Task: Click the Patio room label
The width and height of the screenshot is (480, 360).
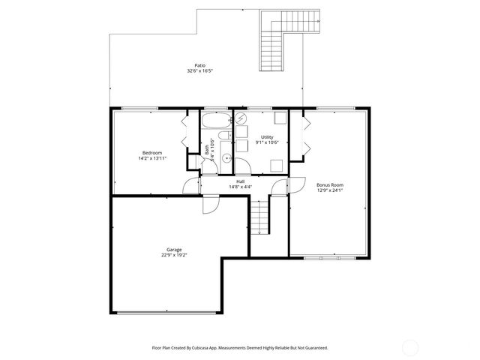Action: tap(200, 65)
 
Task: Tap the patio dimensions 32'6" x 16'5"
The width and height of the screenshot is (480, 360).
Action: tap(200, 71)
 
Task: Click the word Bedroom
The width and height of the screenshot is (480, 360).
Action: tap(152, 152)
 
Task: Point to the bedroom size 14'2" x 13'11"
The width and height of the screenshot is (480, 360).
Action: tap(152, 158)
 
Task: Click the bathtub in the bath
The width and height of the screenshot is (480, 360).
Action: tap(215, 121)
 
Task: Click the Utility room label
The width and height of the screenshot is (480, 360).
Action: tap(266, 136)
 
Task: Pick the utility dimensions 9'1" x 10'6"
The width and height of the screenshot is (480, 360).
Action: tap(266, 142)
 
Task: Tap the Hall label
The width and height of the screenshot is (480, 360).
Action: tap(240, 181)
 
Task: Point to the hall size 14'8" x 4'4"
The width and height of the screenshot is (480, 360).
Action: tap(240, 187)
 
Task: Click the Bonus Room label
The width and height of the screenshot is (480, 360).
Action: tap(330, 184)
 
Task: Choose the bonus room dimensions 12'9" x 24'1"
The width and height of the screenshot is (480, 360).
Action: tap(330, 190)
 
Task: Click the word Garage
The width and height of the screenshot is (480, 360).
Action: tap(174, 249)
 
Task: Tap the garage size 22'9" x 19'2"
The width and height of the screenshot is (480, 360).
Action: tap(174, 255)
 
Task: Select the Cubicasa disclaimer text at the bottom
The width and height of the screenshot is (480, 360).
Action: tap(240, 348)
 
